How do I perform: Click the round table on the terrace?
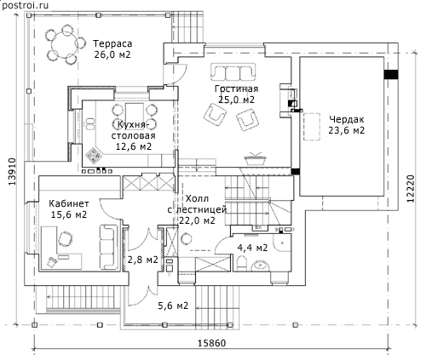64,44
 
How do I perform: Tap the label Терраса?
112,44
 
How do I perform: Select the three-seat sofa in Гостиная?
233,71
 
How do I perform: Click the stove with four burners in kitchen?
94,156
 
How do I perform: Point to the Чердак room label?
347,119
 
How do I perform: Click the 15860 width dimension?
212,343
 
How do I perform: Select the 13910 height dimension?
12,172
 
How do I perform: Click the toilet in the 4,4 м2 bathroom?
242,263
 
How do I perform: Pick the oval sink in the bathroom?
261,266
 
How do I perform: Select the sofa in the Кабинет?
109,247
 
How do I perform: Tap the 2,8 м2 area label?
142,260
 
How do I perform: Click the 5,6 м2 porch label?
173,306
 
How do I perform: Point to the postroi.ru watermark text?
25,5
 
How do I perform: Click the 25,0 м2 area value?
236,100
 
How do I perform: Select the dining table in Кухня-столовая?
135,113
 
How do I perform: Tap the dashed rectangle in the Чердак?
312,127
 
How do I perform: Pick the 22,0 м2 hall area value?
197,220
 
